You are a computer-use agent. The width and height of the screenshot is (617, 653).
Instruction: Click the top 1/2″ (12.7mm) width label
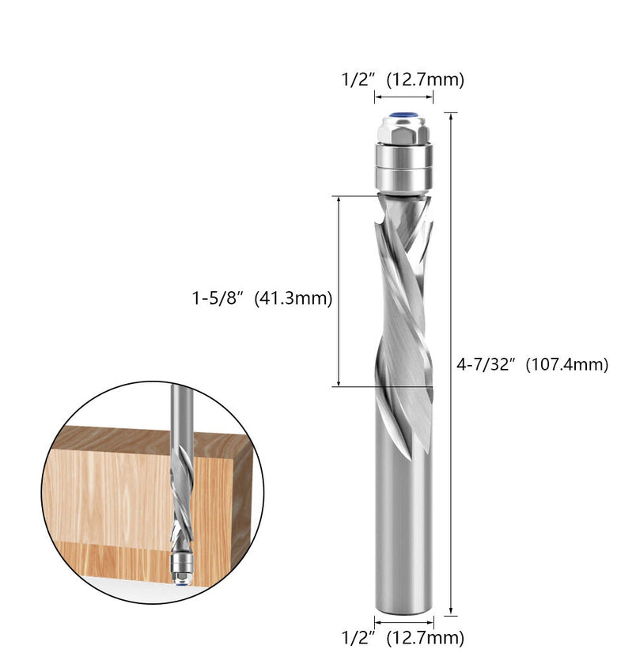tap(403, 79)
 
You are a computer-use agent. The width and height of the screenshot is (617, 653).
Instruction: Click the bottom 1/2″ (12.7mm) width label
tap(403, 638)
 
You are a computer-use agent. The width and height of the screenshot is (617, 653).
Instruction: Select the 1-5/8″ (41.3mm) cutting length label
tap(262, 298)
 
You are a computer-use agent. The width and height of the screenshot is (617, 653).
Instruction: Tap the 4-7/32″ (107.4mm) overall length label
tap(532, 365)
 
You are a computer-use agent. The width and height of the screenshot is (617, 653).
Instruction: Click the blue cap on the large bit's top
tap(404, 116)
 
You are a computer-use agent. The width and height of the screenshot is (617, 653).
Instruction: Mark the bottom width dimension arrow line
tap(403, 622)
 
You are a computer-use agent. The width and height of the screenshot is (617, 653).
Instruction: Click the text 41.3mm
tap(293, 298)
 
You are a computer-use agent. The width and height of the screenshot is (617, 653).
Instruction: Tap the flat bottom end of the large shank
tap(403, 611)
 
